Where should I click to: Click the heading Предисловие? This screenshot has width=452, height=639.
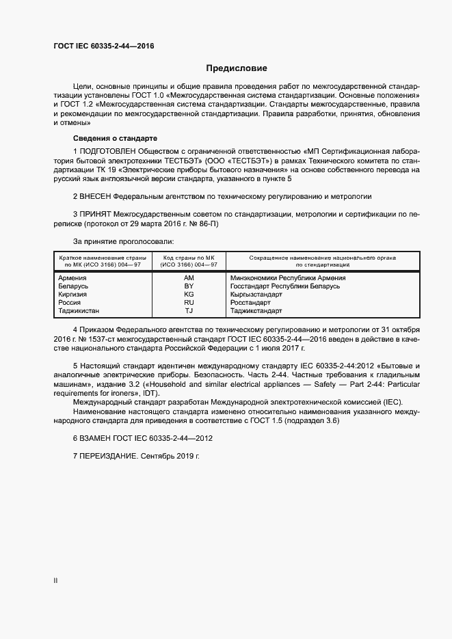coord(237,68)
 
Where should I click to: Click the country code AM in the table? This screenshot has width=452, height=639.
coord(189,278)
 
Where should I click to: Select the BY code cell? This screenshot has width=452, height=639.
coord(189,286)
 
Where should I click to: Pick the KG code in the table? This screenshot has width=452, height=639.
coord(189,295)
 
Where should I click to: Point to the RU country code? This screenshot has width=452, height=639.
coord(189,302)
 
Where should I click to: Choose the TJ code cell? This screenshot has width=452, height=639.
coord(189,310)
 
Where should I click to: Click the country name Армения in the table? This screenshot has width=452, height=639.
coord(72,278)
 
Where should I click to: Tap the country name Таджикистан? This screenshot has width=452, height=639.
coord(79,310)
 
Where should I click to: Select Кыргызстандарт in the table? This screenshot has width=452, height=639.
coord(256,295)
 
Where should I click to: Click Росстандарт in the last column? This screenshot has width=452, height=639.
coord(251,302)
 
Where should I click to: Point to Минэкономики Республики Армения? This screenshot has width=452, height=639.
coord(288,278)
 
